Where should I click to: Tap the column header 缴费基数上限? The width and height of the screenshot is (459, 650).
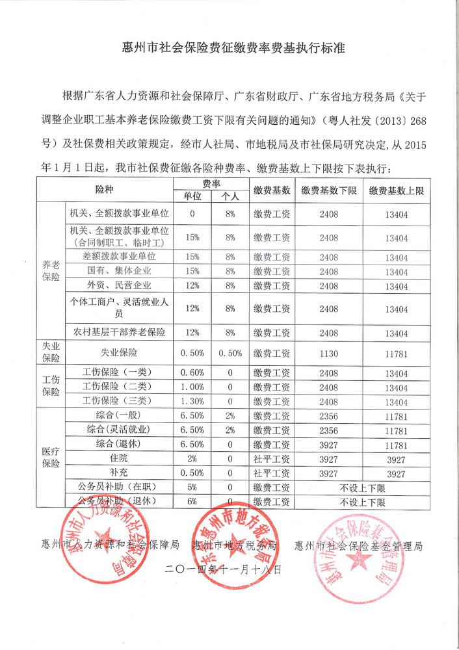tap(396, 190)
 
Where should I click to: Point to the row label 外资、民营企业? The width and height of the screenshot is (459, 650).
tap(119, 285)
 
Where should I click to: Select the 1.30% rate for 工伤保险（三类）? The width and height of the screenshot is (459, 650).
tap(192, 401)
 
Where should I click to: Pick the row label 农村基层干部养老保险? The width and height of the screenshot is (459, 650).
tap(119, 331)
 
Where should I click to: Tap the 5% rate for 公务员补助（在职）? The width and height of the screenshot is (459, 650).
tap(192, 487)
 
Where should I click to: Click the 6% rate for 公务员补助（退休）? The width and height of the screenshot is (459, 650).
tap(192, 502)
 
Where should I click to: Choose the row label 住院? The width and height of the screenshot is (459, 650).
tap(119, 459)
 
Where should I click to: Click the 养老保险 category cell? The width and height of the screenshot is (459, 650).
tap(51, 270)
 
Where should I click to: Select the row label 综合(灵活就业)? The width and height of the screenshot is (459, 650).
tap(119, 430)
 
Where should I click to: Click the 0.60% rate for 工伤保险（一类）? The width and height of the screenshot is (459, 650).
tap(192, 373)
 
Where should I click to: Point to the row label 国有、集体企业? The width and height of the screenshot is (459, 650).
tap(119, 270)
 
